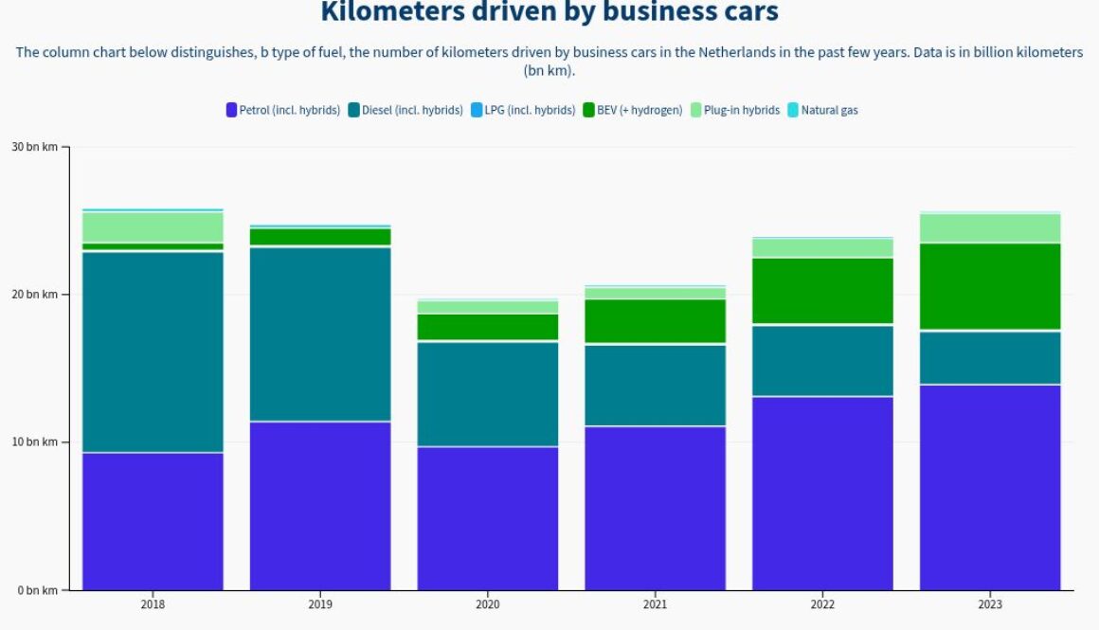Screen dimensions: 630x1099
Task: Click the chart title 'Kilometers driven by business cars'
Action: coord(549,13)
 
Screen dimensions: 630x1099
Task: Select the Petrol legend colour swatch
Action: coord(231,110)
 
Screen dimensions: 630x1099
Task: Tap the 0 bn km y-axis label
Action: coord(37,590)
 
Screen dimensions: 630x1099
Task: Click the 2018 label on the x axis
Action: coord(153,604)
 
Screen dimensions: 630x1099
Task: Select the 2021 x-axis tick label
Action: coord(655,604)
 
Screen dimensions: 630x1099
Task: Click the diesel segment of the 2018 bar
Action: coord(153,351)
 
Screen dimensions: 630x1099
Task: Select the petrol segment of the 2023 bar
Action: coord(990,487)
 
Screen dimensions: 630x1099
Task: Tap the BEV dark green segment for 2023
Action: coord(990,286)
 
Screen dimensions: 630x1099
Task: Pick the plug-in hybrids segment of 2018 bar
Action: coord(153,226)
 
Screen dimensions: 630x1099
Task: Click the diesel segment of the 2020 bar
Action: coord(488,393)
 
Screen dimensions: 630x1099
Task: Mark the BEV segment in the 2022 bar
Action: coord(822,290)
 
